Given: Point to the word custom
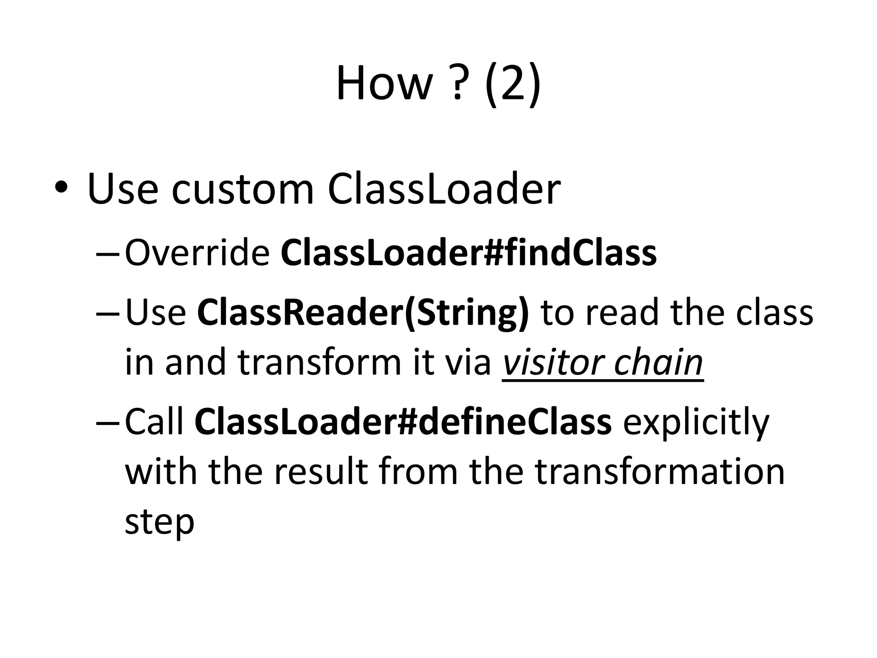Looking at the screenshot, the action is pyautogui.click(x=242, y=189).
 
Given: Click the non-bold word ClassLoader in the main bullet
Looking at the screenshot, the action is pyautogui.click(x=444, y=189).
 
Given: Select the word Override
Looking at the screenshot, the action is pyautogui.click(x=197, y=253).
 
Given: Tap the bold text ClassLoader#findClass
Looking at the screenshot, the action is pyautogui.click(x=468, y=253).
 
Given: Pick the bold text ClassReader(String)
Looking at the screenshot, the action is pyautogui.click(x=363, y=312).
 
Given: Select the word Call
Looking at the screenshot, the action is pyautogui.click(x=154, y=422).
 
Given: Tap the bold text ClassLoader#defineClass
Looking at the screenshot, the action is pyautogui.click(x=403, y=422).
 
